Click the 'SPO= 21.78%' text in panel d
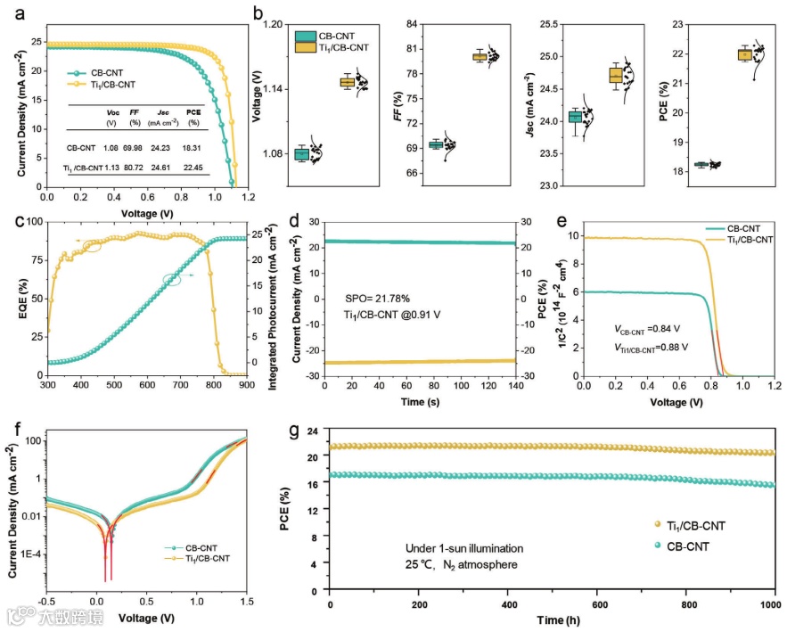379,300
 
